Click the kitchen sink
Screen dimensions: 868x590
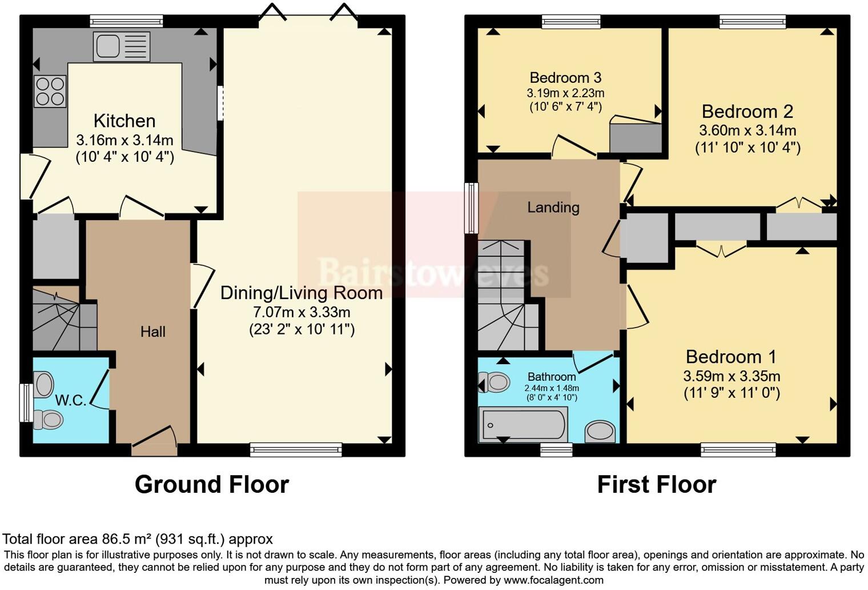click(121, 46)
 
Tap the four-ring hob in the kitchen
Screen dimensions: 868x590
click(50, 91)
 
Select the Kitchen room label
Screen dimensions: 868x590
click(124, 121)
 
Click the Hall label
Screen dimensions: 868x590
click(152, 332)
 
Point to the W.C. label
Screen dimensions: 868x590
click(71, 400)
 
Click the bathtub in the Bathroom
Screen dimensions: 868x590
click(523, 424)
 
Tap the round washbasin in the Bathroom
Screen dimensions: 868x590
click(600, 432)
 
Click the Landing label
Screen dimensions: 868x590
click(553, 208)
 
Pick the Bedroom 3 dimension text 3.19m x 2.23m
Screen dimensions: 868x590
click(565, 93)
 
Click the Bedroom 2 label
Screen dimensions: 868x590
click(748, 111)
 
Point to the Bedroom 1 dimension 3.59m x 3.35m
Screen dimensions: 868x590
click(731, 376)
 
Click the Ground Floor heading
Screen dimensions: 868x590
click(212, 484)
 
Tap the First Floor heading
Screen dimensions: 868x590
click(657, 484)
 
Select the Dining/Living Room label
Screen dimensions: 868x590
click(302, 293)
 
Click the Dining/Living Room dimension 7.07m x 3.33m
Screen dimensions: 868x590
click(302, 312)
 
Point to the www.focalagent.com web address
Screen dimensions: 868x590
click(553, 580)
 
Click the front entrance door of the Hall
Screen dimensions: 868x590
click(154, 441)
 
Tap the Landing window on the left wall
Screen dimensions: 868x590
click(471, 208)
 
